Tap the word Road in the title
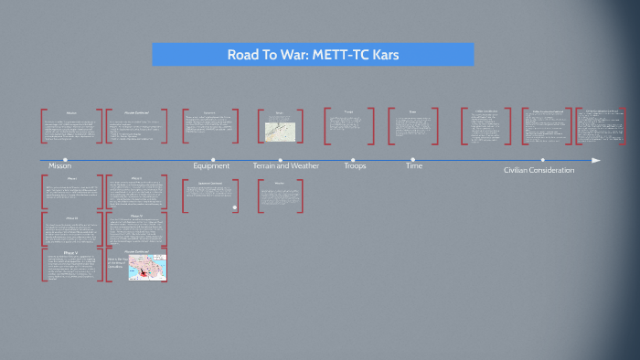(x=242, y=55)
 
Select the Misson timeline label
(x=59, y=168)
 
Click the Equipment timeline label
(x=211, y=166)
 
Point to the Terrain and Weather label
(x=286, y=166)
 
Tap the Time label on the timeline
(x=414, y=166)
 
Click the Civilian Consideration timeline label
(x=539, y=170)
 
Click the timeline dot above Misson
(x=66, y=160)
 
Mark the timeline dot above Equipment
(x=213, y=160)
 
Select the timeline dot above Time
(x=413, y=160)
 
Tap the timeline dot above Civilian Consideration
(x=542, y=160)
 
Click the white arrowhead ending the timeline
(x=596, y=160)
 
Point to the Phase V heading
(x=72, y=250)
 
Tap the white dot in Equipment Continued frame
(x=234, y=207)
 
